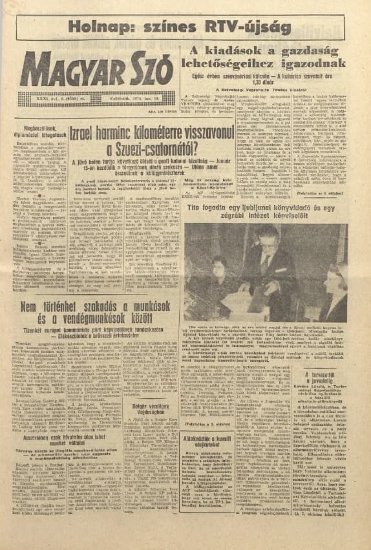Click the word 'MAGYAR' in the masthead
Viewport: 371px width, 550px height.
tap(68, 69)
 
